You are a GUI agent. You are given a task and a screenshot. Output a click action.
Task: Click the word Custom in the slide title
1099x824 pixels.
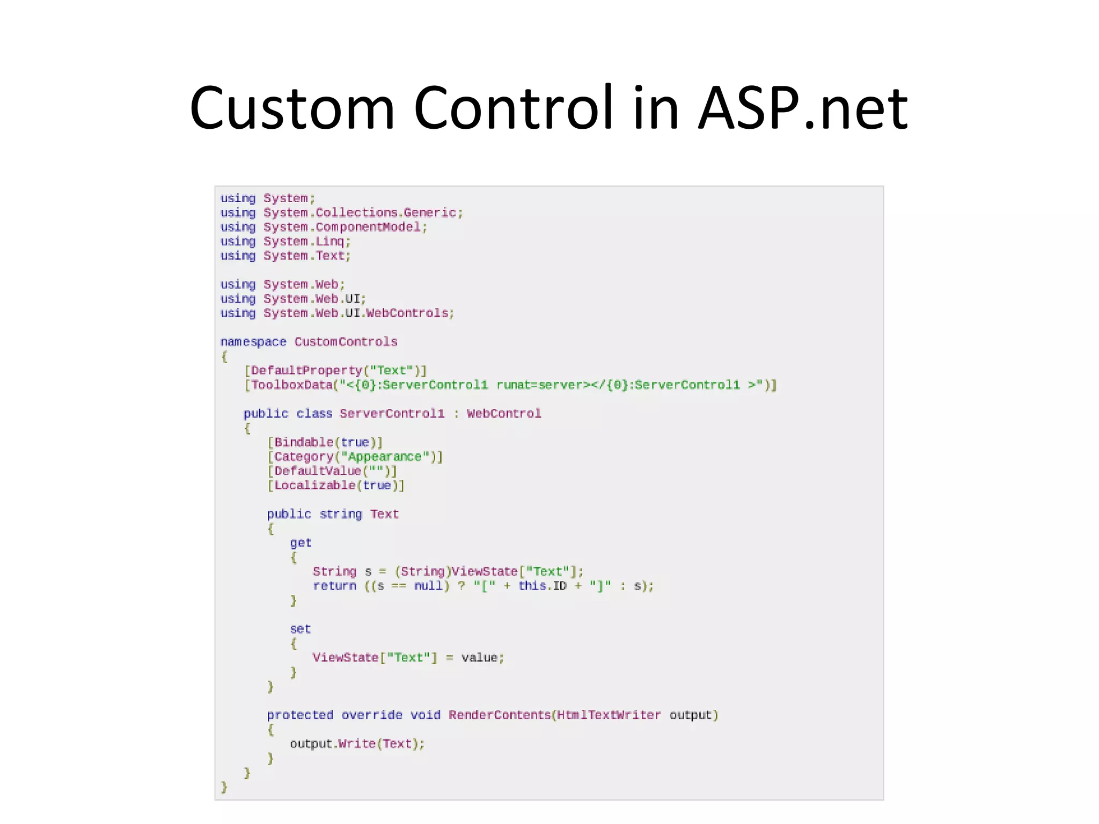292,109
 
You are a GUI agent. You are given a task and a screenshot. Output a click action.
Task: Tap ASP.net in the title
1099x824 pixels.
802,109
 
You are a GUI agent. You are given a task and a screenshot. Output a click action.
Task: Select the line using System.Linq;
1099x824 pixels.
285,241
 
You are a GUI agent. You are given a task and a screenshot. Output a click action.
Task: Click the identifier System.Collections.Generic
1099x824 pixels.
360,213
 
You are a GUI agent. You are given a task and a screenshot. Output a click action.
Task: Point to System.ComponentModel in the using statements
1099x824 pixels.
342,227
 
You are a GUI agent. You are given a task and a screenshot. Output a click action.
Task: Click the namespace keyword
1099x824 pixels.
253,342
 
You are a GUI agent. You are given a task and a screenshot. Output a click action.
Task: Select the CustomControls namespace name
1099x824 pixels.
346,342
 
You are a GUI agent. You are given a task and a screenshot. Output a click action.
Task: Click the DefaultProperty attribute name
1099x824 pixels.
306,371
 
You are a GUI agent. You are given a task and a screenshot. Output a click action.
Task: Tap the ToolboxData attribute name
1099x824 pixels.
291,385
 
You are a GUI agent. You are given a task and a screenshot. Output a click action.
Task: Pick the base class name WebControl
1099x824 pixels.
504,414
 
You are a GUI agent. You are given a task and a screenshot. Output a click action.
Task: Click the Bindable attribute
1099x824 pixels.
304,443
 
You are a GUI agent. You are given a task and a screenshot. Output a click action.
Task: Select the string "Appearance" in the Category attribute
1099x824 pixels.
385,457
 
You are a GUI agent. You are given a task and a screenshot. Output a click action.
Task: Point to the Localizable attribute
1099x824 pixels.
314,485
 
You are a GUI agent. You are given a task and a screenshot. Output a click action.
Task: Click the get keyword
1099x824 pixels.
301,543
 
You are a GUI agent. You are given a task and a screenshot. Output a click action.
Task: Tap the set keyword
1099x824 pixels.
301,629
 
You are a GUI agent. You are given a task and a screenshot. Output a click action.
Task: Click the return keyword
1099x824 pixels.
334,586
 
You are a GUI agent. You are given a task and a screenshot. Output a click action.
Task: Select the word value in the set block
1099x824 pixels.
479,658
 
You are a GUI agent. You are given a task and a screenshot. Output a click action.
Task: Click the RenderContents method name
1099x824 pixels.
500,715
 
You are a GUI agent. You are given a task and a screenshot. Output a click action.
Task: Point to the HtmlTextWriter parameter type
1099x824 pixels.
609,715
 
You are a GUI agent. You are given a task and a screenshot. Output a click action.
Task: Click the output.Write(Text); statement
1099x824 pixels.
357,744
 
